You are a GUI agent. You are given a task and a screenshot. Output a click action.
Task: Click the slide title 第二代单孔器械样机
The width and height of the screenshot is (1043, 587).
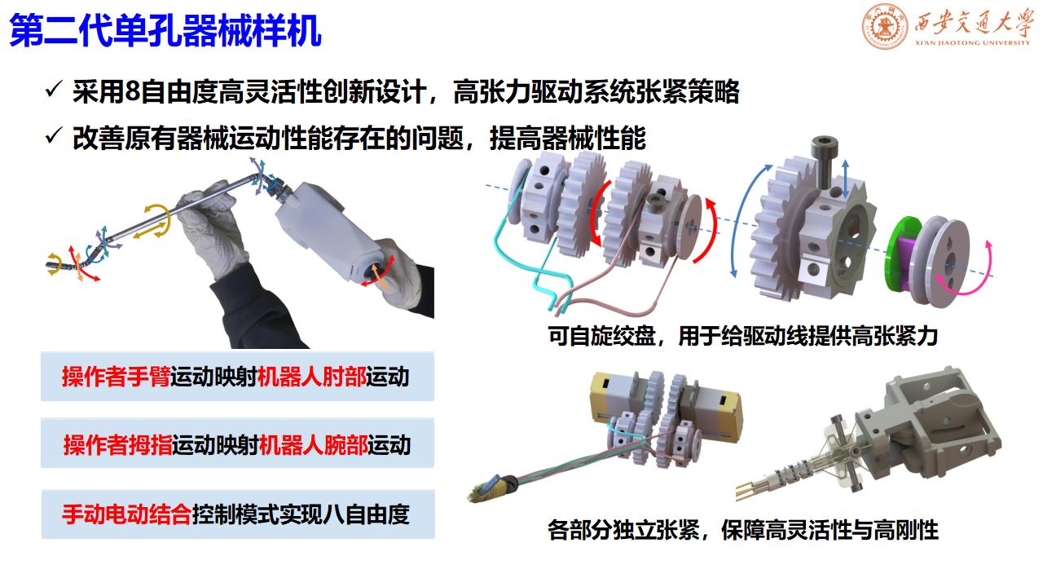point(165,31)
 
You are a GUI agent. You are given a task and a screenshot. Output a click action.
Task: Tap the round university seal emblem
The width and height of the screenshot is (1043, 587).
point(885,27)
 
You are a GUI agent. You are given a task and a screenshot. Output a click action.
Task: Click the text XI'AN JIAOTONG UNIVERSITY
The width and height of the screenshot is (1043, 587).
point(972,43)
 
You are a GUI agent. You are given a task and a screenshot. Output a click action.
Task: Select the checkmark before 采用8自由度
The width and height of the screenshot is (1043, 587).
point(54,89)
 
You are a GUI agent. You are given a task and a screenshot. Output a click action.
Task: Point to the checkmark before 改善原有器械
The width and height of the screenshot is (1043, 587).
point(54,135)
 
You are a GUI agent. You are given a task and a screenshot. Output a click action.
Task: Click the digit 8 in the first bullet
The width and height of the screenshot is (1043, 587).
point(132,91)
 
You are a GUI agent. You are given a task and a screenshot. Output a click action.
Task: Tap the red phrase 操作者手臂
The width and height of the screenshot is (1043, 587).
point(116,377)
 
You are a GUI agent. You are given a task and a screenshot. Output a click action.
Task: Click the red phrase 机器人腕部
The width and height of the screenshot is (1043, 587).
point(314,444)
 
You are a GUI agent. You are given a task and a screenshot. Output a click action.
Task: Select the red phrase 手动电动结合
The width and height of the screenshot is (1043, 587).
point(126,514)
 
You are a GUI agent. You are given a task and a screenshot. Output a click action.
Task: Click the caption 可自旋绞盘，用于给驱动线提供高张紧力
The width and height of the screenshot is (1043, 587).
point(742,336)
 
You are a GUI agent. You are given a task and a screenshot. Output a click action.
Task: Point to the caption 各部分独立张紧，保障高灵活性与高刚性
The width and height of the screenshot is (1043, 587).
point(742,530)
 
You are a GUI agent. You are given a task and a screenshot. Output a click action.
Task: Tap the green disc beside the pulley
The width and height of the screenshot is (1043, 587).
point(898,254)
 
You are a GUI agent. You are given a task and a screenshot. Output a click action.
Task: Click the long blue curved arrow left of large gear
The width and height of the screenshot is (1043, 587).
point(741,219)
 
